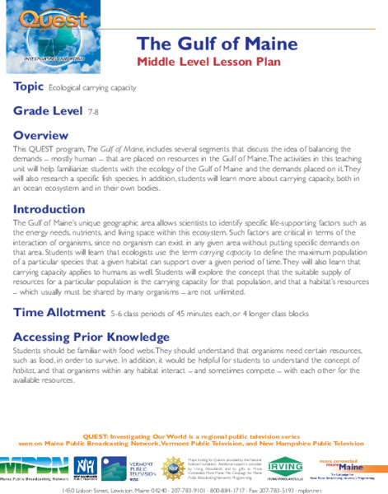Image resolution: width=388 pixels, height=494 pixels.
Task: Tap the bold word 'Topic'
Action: (29, 87)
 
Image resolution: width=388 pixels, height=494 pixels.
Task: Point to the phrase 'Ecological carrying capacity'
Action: (92, 88)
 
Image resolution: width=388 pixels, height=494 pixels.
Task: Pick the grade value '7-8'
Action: (92, 111)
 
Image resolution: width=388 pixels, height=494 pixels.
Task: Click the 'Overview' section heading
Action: (41, 134)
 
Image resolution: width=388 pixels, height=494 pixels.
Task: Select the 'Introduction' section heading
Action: (49, 209)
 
